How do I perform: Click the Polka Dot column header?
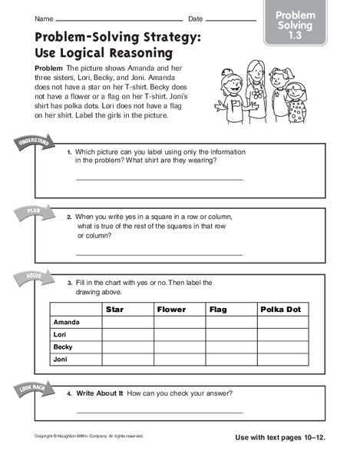(282, 310)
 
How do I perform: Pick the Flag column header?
(231, 310)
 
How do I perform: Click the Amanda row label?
(65, 323)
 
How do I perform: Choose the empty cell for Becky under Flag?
(231, 347)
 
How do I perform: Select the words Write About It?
(100, 394)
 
